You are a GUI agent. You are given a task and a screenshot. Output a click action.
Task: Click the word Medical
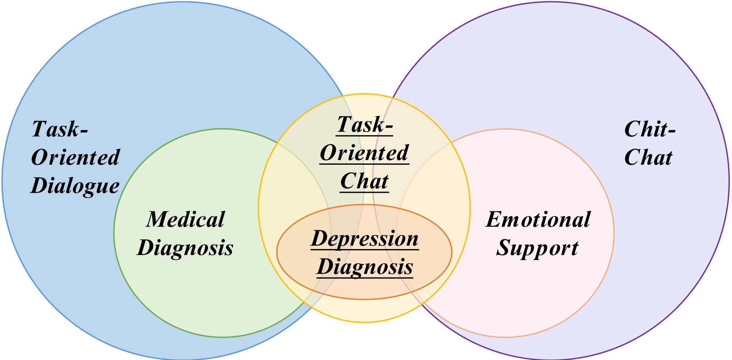coord(185,219)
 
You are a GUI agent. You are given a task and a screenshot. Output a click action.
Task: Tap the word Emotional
coord(538,219)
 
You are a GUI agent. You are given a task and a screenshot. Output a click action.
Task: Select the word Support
coord(537,248)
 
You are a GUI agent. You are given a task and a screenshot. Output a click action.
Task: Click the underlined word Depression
coord(365,239)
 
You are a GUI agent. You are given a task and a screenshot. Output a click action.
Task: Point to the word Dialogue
coord(75,186)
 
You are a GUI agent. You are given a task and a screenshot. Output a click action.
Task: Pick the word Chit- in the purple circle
coord(650,129)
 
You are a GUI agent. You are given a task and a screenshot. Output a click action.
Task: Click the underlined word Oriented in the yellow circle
coord(364,153)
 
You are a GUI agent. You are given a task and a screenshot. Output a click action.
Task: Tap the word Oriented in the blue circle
coord(75,158)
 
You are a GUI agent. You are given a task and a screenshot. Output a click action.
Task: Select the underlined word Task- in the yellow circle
coord(365,125)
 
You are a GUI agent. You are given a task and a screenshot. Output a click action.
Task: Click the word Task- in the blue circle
coord(60,129)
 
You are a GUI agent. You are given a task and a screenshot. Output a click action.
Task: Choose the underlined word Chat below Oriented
coord(364,181)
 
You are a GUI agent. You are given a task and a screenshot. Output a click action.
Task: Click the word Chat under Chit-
coord(648,158)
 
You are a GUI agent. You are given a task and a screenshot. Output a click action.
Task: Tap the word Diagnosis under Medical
coord(185,248)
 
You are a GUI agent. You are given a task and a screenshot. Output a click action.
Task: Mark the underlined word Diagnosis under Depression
coord(365,267)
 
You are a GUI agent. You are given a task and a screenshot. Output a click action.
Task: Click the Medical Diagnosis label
coord(185,234)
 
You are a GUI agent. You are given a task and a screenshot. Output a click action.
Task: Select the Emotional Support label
coord(538,234)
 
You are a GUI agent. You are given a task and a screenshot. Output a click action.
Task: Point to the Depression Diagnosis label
coord(365,253)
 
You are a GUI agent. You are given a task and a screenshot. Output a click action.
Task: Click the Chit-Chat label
coord(649,143)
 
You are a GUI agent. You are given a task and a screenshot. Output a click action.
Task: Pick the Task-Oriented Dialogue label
coord(75,158)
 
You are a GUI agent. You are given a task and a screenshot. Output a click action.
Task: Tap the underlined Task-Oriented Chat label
coord(364,153)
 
